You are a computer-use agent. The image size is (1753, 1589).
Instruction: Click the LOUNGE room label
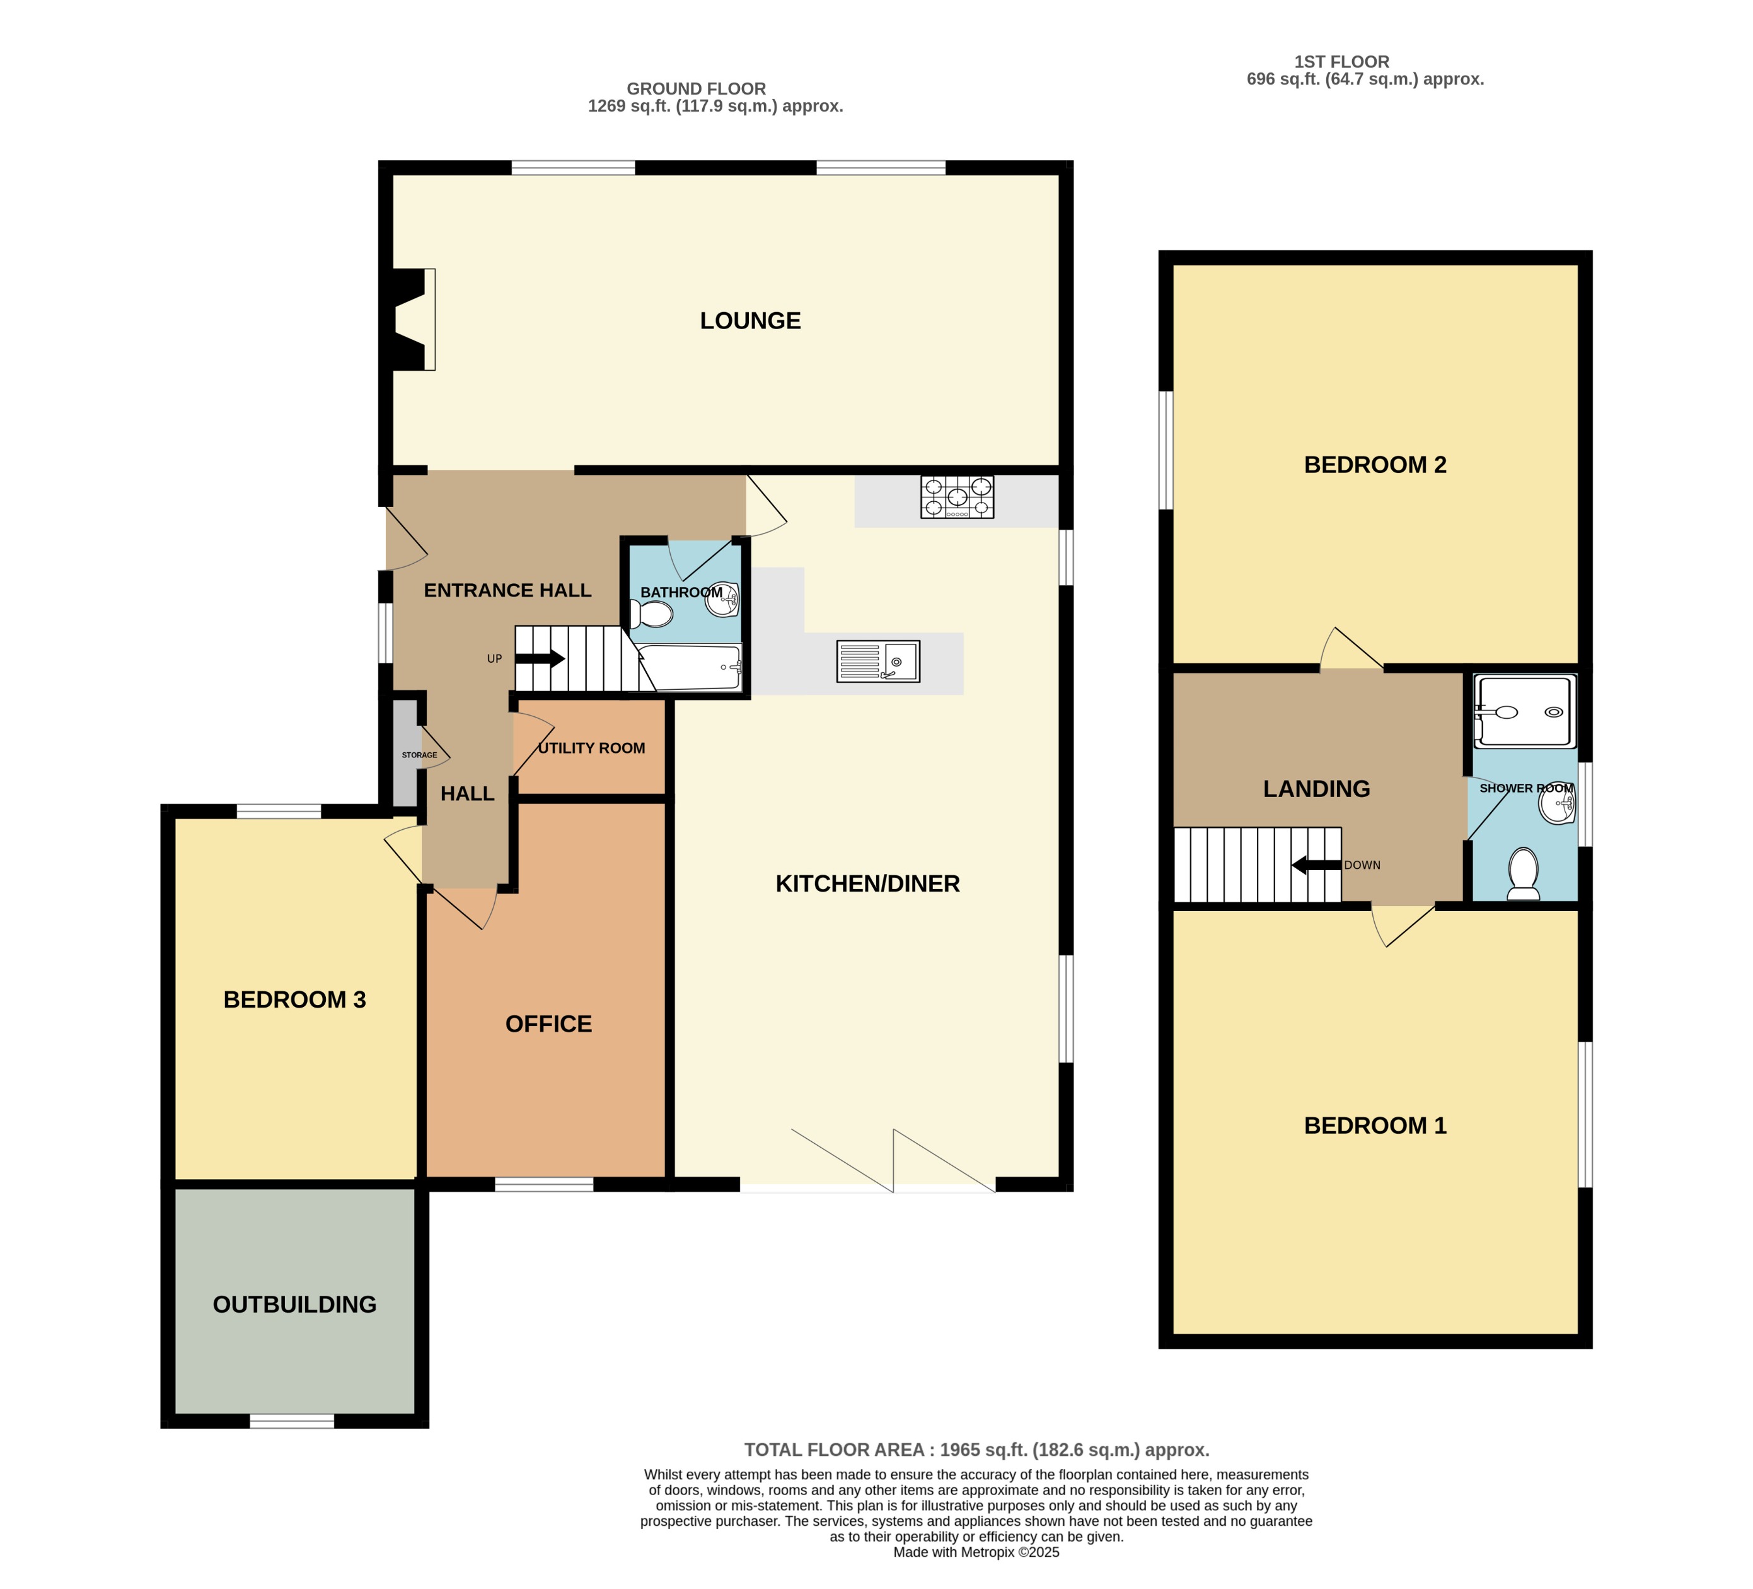click(x=749, y=321)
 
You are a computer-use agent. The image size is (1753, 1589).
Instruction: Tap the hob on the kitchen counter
click(x=956, y=497)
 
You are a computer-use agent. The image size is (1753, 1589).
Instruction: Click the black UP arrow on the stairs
click(x=540, y=658)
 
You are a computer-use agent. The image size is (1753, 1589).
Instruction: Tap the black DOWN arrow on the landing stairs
click(x=1316, y=865)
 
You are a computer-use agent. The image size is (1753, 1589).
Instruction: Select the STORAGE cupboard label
click(x=419, y=755)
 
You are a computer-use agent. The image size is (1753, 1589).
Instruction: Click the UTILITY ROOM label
click(x=591, y=748)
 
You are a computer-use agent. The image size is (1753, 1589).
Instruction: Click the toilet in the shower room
click(x=1522, y=873)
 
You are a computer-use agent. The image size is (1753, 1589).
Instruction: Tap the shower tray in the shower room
click(x=1524, y=711)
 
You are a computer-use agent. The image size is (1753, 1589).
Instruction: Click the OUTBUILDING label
click(x=295, y=1305)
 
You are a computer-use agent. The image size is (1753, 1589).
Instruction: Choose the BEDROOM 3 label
click(x=295, y=999)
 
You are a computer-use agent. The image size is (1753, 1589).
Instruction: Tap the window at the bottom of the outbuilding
click(x=292, y=1421)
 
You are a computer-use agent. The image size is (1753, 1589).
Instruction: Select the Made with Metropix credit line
click(x=976, y=1552)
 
